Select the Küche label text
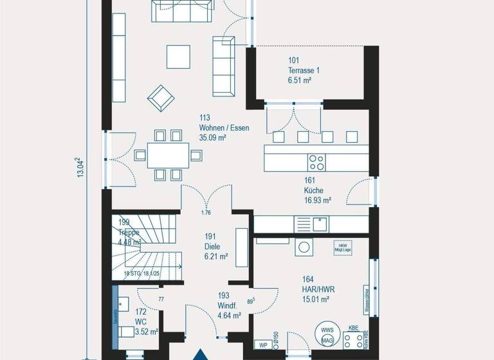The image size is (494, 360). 314,190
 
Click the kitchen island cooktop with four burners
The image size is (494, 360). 316,160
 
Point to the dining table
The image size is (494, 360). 168,156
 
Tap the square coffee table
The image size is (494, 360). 178,57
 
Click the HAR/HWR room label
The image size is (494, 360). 318,289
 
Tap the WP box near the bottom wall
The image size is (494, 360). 262,346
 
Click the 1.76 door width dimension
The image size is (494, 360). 206,213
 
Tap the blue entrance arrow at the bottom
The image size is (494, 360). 201,354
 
